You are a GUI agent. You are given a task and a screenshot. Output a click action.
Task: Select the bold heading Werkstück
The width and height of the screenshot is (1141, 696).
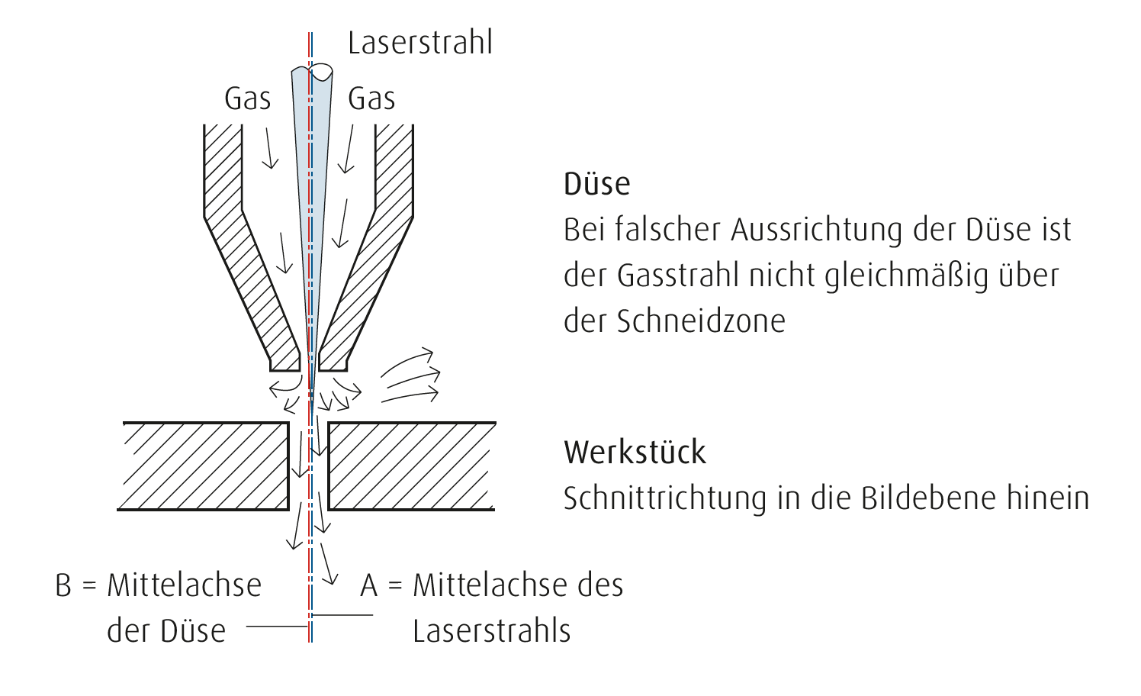point(635,452)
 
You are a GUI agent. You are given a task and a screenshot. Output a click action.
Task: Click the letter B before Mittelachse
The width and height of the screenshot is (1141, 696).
point(63,585)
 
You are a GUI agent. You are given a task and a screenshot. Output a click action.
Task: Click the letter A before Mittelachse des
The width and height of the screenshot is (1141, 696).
point(369,585)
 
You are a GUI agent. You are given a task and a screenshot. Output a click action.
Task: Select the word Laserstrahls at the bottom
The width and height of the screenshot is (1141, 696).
point(491,631)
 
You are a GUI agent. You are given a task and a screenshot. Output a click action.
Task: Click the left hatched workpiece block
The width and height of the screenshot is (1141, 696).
point(204,466)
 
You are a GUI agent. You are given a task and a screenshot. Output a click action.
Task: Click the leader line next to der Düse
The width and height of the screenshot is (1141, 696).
point(278,627)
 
